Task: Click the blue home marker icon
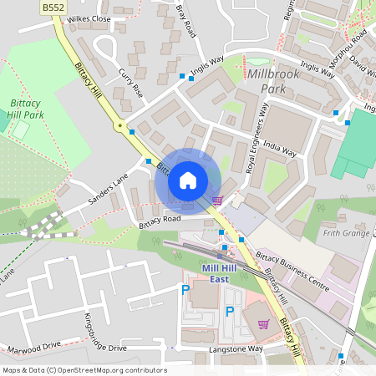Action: pos(188,180)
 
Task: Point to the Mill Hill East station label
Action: pos(204,273)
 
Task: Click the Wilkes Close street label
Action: pos(89,18)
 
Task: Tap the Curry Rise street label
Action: pos(131,81)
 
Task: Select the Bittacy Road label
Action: pos(160,219)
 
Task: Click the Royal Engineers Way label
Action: pos(257,138)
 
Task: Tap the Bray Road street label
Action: pos(185,18)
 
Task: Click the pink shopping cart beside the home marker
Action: pos(217,200)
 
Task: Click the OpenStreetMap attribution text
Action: pos(84,370)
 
